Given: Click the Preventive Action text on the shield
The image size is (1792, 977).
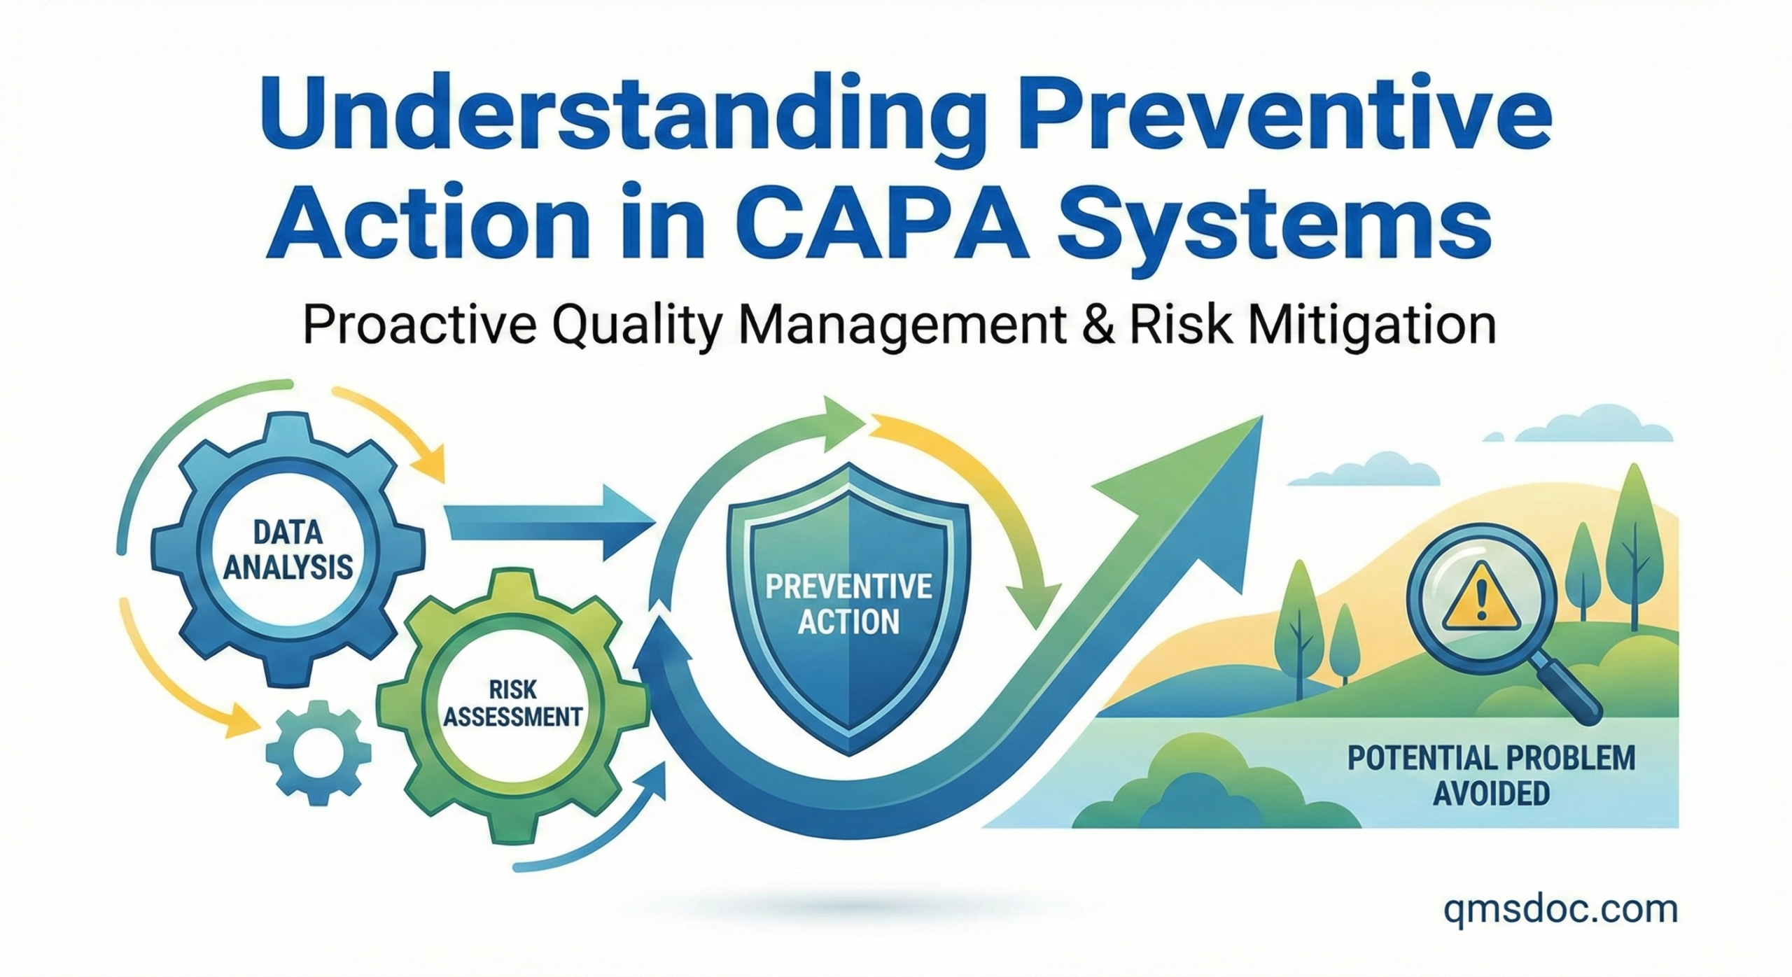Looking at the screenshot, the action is [848, 603].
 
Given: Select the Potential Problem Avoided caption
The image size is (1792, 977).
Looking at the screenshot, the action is [1491, 777].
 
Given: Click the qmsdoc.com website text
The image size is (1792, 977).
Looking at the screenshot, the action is [1560, 910].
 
